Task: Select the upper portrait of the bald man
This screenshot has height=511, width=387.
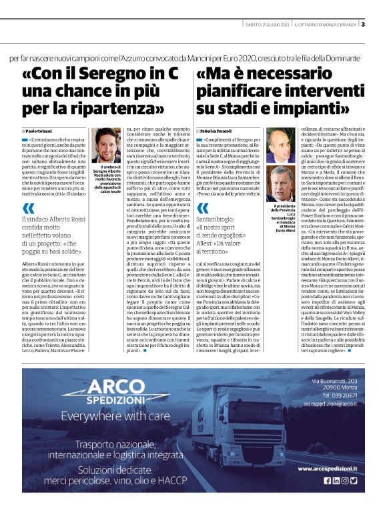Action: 281,145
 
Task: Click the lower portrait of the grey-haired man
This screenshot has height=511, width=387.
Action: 281,184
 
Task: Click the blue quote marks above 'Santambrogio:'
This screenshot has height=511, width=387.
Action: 203,207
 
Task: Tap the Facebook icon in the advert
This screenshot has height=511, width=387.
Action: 328,480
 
